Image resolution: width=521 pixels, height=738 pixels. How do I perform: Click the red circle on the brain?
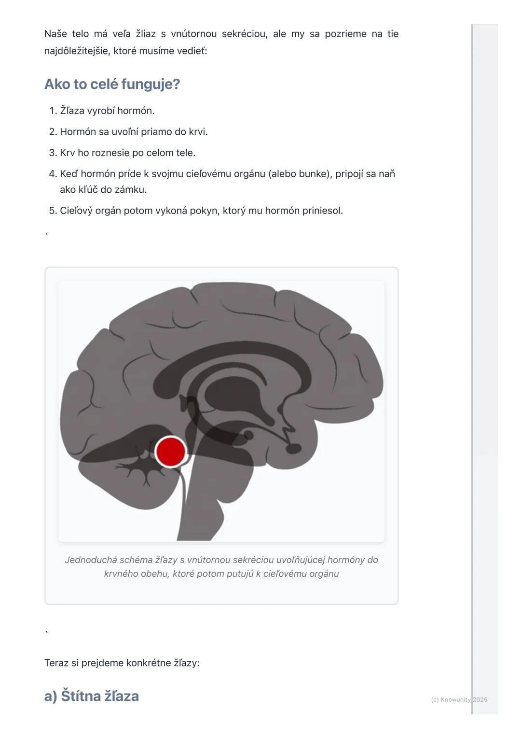(170, 452)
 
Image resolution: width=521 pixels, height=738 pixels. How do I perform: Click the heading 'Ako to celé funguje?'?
(112, 85)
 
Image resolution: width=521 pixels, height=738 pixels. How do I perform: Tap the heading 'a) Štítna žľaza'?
(92, 695)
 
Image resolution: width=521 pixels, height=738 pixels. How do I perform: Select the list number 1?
(54, 111)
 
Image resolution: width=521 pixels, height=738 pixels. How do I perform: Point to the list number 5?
(54, 211)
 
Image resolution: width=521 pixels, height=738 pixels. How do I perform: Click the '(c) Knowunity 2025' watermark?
(459, 699)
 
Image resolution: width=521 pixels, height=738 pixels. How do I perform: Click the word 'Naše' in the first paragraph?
(55, 34)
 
